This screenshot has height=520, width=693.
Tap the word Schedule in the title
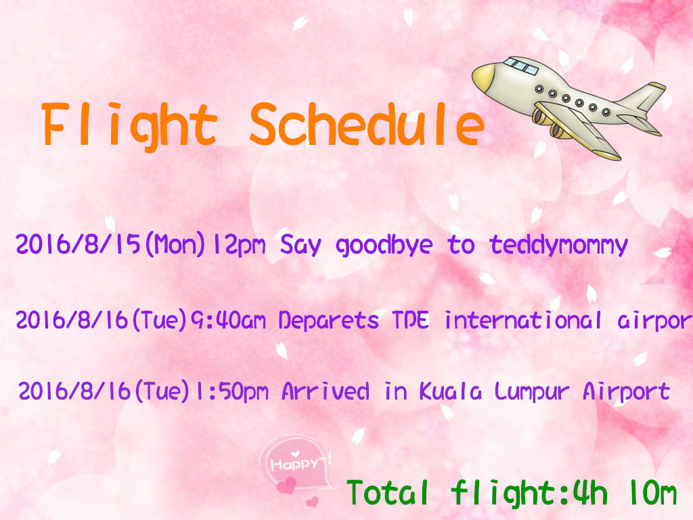pyautogui.click(x=366, y=125)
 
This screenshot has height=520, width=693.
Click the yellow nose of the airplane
pyautogui.click(x=483, y=77)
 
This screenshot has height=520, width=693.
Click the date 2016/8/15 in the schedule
pyautogui.click(x=79, y=244)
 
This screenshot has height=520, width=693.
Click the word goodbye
pyautogui.click(x=384, y=245)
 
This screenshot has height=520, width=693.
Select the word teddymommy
pyautogui.click(x=558, y=244)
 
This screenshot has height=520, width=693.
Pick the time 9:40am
pyautogui.click(x=228, y=320)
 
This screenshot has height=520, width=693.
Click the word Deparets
pyautogui.click(x=328, y=320)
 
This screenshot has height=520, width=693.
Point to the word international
pyautogui.click(x=523, y=320)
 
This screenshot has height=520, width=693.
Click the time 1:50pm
pyautogui.click(x=231, y=391)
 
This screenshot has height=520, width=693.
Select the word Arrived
pyautogui.click(x=325, y=391)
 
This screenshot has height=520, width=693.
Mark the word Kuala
pyautogui.click(x=450, y=391)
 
